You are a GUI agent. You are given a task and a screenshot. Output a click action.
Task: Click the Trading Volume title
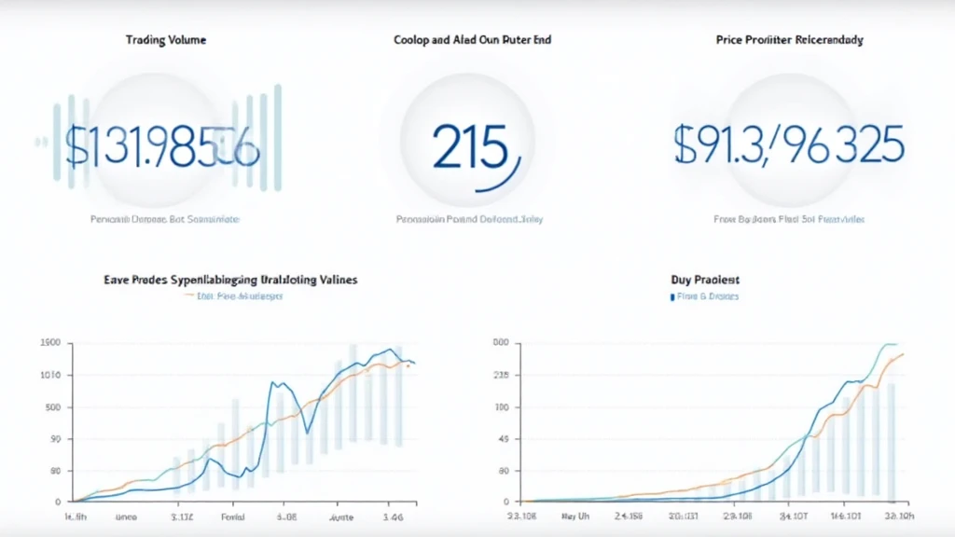coord(166,40)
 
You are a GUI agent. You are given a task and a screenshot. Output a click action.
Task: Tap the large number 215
coord(471,147)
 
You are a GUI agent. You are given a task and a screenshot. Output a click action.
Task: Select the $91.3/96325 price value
coord(788,145)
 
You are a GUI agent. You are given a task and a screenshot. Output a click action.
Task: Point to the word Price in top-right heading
coord(732,40)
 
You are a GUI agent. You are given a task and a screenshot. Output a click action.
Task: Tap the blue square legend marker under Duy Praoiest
coord(671,296)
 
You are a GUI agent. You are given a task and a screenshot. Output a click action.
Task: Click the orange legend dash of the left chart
coord(190,296)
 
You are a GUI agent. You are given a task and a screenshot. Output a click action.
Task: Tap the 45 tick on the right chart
coord(503,439)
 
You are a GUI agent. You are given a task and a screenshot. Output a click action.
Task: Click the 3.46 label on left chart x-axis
coord(394,515)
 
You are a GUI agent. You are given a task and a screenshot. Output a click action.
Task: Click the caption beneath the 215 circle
coord(470,220)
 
